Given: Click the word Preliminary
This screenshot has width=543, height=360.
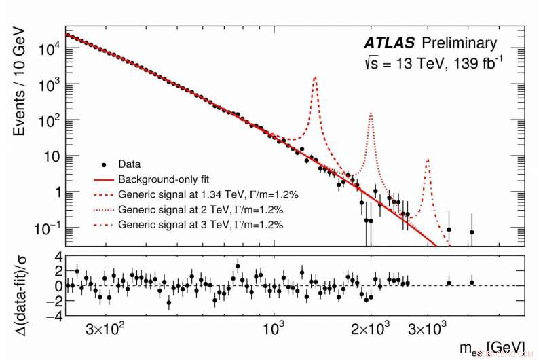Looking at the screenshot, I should pos(460,43).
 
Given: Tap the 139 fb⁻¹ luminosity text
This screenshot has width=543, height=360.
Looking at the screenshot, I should pos(478,65).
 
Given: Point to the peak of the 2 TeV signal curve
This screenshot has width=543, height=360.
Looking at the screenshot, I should pos(371,113).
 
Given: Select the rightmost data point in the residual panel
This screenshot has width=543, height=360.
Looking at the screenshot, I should pos(472,283).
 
